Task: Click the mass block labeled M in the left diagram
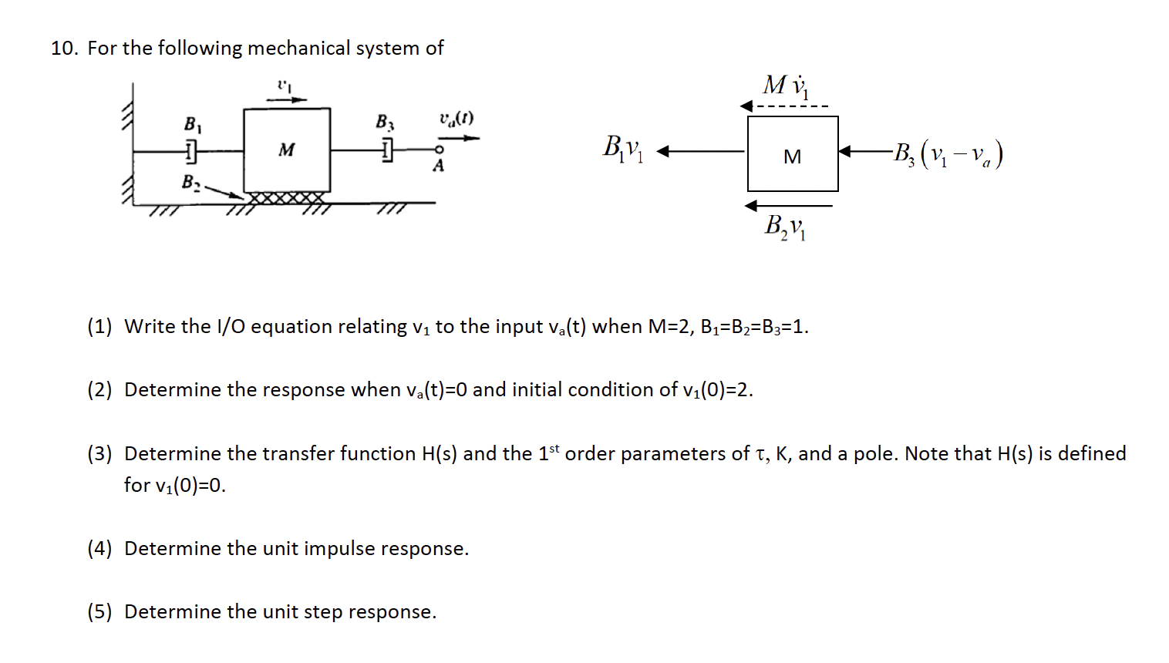(287, 150)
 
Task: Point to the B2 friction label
(190, 183)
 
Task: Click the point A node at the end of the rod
(439, 150)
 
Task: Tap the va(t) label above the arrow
(456, 119)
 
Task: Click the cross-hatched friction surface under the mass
(286, 198)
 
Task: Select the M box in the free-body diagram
(792, 154)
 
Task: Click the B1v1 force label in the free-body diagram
(622, 148)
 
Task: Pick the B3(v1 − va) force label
(948, 154)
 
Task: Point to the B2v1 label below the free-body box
(784, 227)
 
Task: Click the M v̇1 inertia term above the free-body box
(786, 86)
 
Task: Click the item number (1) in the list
(99, 327)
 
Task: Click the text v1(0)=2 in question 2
(716, 390)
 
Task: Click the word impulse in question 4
(339, 549)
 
